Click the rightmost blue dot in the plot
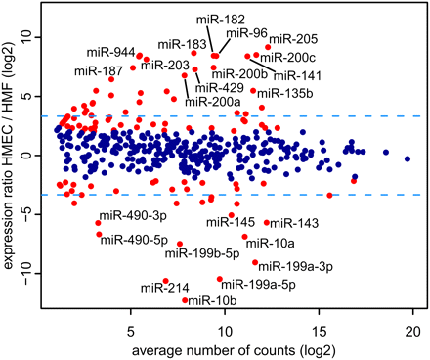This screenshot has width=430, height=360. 408,158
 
